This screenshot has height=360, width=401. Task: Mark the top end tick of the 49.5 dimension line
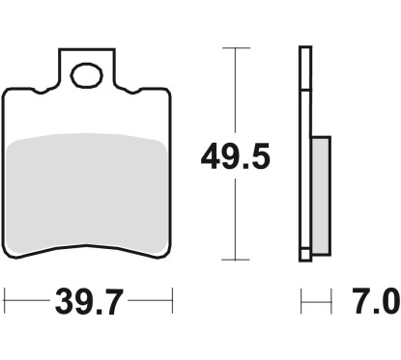click(x=232, y=47)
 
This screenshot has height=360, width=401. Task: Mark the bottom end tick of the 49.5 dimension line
click(x=232, y=260)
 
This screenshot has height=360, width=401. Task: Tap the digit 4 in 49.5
click(x=210, y=153)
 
